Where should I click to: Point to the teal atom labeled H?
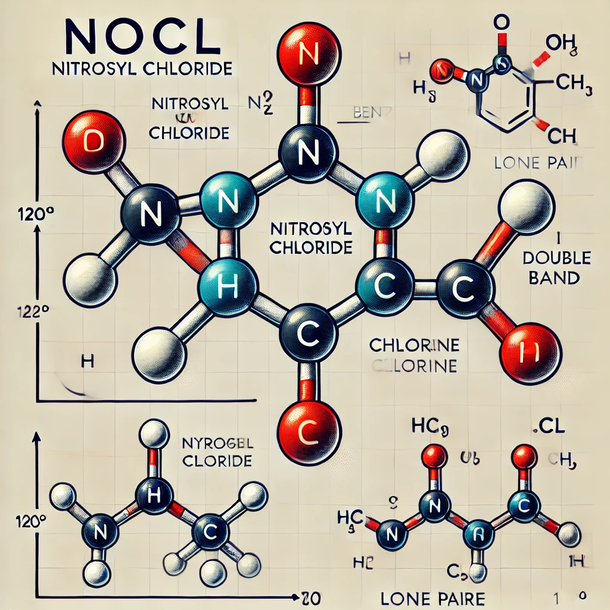228,287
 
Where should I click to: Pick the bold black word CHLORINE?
413,345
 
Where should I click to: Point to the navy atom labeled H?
154,493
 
